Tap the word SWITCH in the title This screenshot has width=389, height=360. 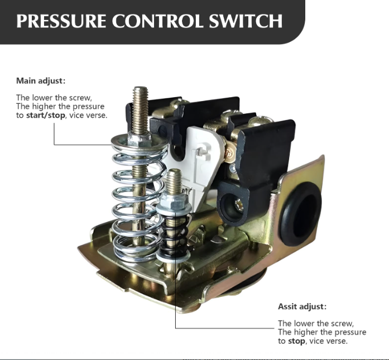[249, 21]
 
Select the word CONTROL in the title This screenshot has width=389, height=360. [159, 21]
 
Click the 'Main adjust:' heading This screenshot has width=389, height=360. [41, 81]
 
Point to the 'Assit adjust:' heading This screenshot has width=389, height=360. [302, 306]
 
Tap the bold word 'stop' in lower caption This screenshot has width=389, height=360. [296, 340]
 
